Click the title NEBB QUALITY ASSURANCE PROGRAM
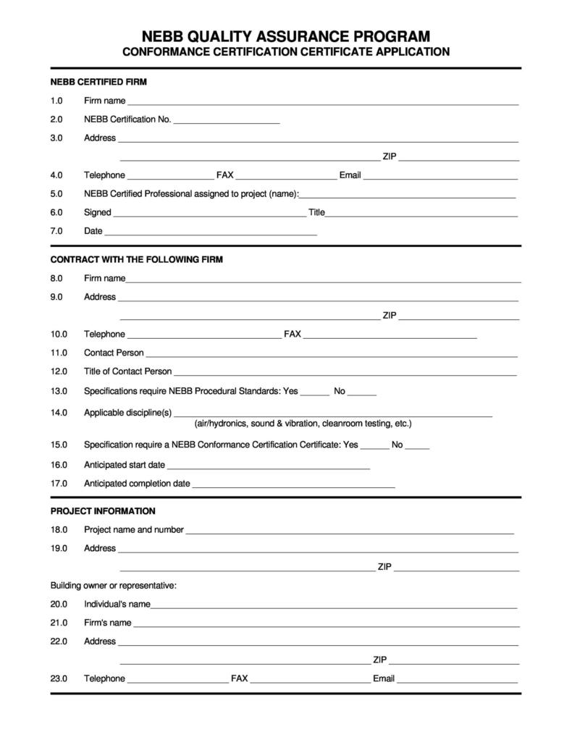[x=285, y=36]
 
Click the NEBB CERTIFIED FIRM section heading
[x=98, y=82]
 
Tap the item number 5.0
[x=56, y=194]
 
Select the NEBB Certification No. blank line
[x=226, y=121]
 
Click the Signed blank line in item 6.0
[x=209, y=214]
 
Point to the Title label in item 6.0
[x=316, y=213]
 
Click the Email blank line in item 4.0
[x=440, y=177]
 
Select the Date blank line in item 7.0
[x=211, y=233]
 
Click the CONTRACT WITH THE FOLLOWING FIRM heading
[x=136, y=259]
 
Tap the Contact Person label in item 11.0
[x=114, y=353]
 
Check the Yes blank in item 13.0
[x=314, y=393]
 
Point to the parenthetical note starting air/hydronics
[x=303, y=424]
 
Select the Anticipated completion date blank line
[x=293, y=485]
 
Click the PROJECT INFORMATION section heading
[x=103, y=511]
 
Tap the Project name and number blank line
[x=350, y=531]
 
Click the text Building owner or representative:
[x=114, y=586]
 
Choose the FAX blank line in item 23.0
[x=310, y=681]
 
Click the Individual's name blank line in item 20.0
[x=334, y=606]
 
